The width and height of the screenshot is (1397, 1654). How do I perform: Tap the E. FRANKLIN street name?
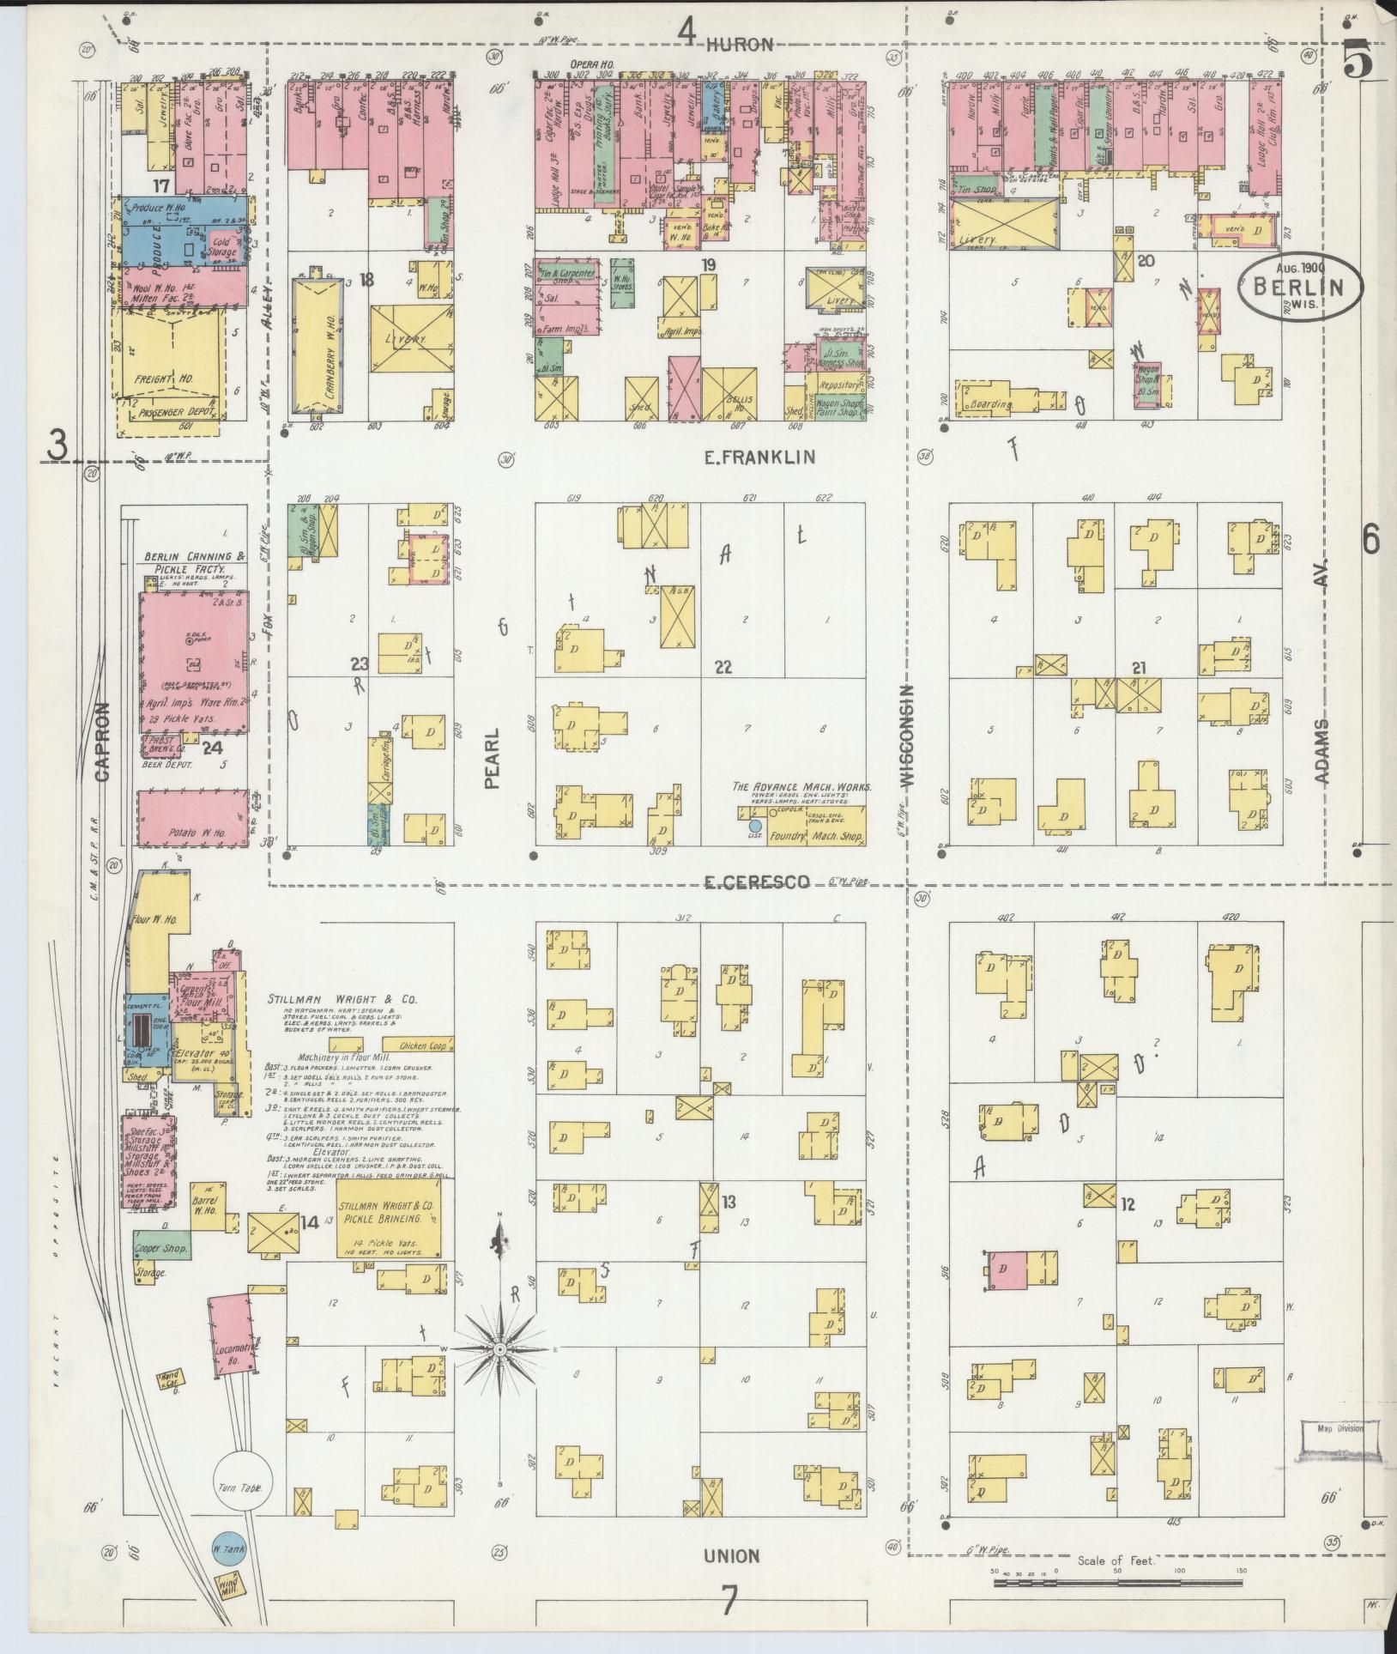click(x=759, y=458)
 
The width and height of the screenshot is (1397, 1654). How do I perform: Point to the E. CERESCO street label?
click(x=757, y=882)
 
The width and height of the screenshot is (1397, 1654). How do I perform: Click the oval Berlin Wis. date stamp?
click(x=1299, y=290)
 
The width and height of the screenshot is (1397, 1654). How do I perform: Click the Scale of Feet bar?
click(x=1116, y=1580)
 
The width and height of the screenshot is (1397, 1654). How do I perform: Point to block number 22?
click(x=723, y=667)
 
